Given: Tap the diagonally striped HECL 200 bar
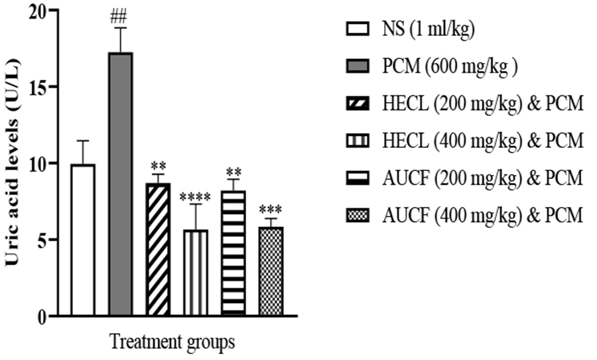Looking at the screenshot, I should [157, 249].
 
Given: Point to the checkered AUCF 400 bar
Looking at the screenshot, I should [270, 270].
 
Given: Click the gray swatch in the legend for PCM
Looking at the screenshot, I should [358, 67].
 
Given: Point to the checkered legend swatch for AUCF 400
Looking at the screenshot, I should [358, 215].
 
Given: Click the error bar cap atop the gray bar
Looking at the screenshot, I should [120, 28].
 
